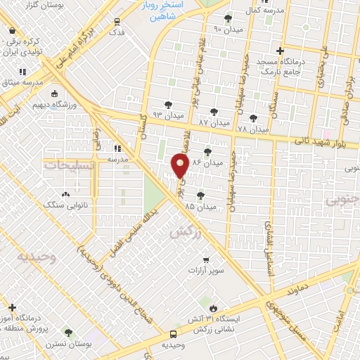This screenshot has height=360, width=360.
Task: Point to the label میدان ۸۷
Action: point(214,121)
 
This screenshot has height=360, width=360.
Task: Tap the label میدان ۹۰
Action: point(226,30)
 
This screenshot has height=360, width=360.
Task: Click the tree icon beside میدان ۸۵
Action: point(201,196)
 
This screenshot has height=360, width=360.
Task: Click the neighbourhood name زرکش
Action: point(181,232)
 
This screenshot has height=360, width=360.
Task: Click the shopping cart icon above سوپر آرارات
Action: point(205,259)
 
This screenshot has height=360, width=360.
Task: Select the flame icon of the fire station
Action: point(213,308)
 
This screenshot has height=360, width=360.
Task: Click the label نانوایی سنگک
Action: point(65,205)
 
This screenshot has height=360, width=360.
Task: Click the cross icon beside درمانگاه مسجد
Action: point(280,51)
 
